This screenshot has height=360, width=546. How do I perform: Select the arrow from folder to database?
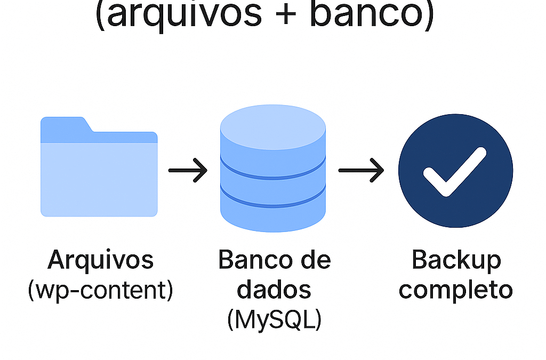point(188,171)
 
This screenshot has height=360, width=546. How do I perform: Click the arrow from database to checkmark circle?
point(361,171)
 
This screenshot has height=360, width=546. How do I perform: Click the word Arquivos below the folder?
point(101,260)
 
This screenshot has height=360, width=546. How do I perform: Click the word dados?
point(274,290)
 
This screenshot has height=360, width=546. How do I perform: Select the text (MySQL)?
point(274,320)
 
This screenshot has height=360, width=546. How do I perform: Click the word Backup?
point(456,260)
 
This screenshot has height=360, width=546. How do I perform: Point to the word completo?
point(456,290)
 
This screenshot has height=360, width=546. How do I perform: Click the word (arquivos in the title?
point(179,15)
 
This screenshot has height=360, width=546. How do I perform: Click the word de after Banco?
point(316,260)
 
